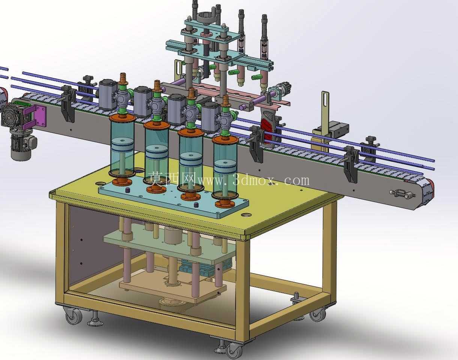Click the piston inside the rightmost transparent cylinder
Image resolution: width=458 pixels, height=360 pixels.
coord(225,167)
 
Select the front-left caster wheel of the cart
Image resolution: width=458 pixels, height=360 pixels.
coord(74,317)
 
